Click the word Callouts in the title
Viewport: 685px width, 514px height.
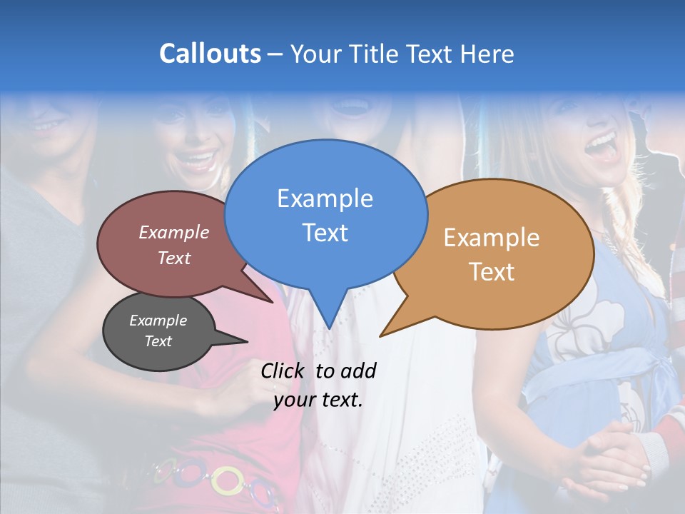[x=210, y=54]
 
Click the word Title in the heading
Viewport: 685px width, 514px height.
[x=375, y=54]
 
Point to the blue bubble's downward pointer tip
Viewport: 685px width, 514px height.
[x=329, y=328]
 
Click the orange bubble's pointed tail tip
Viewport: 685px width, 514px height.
[x=380, y=336]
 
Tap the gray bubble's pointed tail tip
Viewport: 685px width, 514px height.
[x=247, y=341]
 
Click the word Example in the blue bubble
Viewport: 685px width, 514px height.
[x=325, y=198]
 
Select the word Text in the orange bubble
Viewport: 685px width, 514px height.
[x=492, y=272]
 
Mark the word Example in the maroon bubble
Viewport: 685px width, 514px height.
[x=174, y=232]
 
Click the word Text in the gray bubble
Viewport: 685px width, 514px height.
[x=158, y=341]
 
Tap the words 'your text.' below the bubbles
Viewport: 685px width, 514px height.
[x=318, y=400]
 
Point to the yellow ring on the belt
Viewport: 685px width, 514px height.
[x=227, y=480]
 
